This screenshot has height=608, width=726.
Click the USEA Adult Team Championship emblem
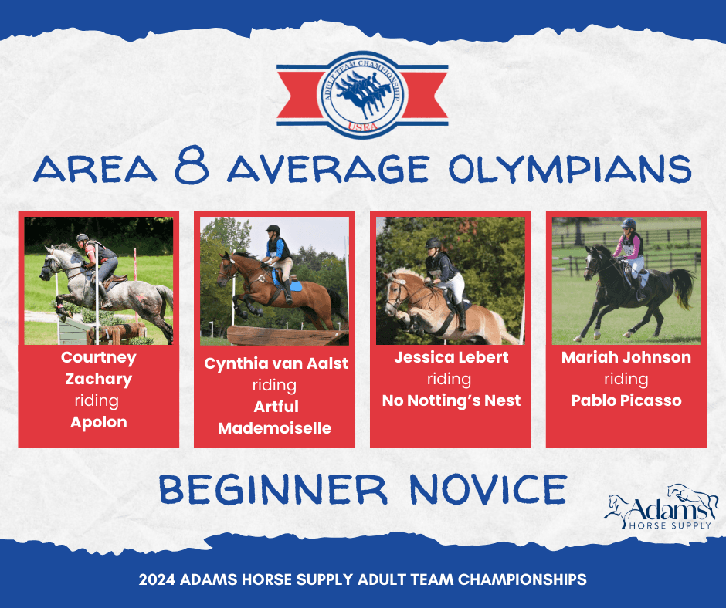click(362, 95)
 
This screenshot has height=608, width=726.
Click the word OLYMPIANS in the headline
click(570, 168)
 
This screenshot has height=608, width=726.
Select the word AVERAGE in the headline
click(328, 168)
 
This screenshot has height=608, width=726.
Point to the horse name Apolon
click(99, 422)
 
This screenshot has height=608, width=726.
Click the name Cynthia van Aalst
click(276, 363)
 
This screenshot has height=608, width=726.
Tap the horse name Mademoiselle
click(274, 428)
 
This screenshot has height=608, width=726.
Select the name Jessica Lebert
click(451, 357)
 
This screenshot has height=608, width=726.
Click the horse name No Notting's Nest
click(451, 400)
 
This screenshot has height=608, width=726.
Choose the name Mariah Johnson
click(626, 357)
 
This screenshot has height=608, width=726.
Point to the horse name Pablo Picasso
click(626, 400)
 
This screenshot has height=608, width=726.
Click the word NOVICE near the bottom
click(488, 490)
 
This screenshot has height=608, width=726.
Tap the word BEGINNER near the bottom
click(273, 490)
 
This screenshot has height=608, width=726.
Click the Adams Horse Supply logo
click(661, 508)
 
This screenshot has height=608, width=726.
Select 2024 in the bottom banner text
click(157, 579)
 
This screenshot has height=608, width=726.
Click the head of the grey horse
click(49, 265)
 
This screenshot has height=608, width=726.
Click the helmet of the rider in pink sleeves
click(629, 224)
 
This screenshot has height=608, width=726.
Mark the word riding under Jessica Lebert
click(450, 380)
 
